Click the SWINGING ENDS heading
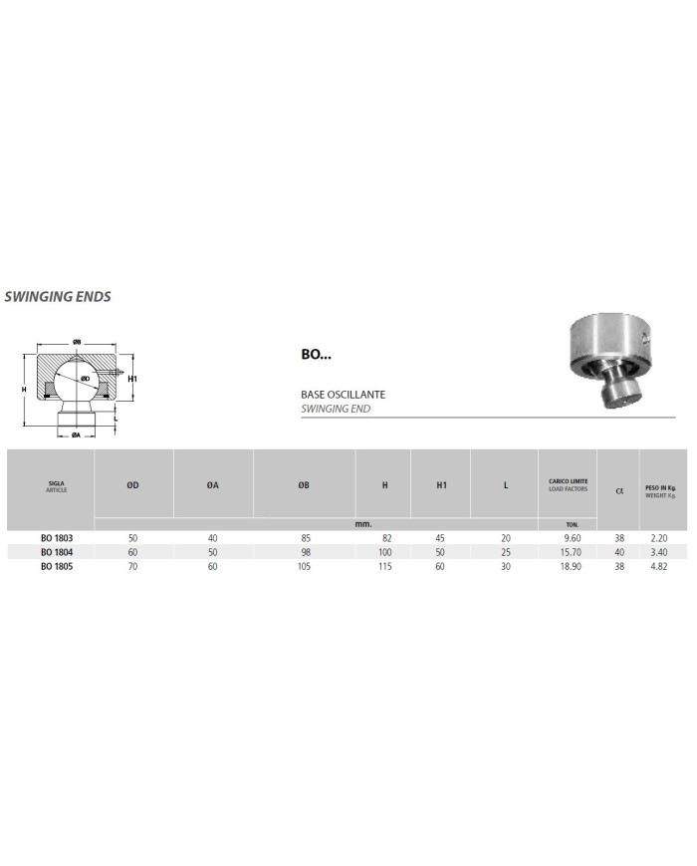pos(57,296)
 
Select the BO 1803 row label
pos(56,537)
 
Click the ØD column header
pos(132,485)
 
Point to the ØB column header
pos(304,485)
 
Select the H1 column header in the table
pos(441,485)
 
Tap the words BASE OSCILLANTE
pos(343,396)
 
